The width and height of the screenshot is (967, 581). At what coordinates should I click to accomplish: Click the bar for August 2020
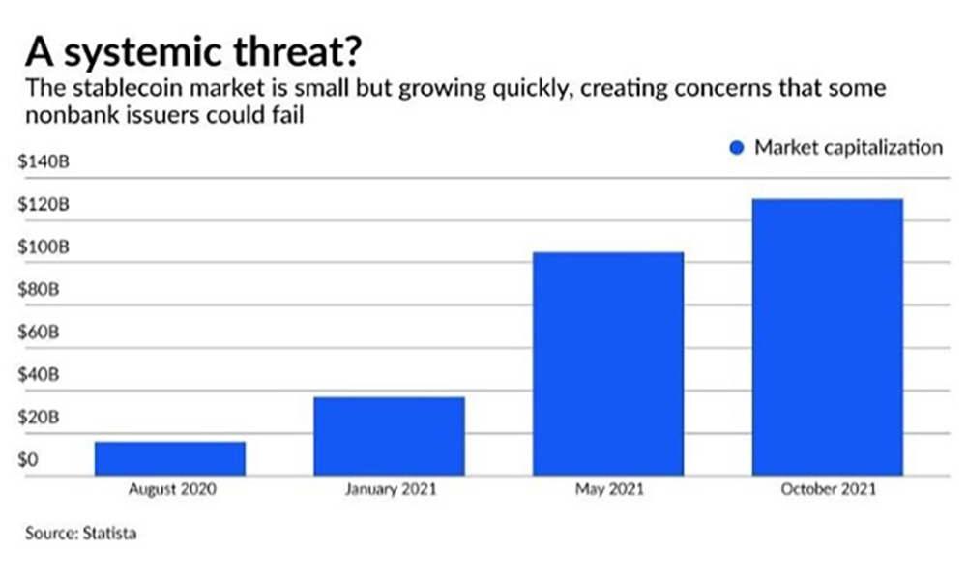click(x=170, y=458)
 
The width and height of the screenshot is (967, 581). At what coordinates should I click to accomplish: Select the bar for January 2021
click(x=390, y=436)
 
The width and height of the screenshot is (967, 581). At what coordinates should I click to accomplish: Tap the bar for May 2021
click(x=608, y=363)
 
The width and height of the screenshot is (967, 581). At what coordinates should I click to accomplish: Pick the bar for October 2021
click(x=827, y=336)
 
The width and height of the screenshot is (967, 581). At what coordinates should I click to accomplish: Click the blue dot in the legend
click(x=737, y=148)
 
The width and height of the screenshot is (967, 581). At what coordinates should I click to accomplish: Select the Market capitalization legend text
click(x=848, y=148)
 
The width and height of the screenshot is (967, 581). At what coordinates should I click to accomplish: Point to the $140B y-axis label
click(x=40, y=162)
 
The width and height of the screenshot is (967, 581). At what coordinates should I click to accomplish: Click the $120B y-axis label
click(x=40, y=205)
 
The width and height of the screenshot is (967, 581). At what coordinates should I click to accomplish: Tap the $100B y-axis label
click(x=40, y=247)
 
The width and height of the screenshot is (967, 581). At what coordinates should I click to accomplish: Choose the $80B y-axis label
click(x=38, y=290)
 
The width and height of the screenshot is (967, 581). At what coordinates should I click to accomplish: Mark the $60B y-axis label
click(x=38, y=333)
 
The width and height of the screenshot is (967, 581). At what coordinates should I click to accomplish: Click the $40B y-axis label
click(x=38, y=375)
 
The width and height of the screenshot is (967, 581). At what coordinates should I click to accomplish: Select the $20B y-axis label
click(x=38, y=418)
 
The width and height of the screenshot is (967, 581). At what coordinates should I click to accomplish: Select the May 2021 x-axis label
click(x=608, y=489)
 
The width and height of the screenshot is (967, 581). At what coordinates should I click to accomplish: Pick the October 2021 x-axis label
click(x=827, y=489)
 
